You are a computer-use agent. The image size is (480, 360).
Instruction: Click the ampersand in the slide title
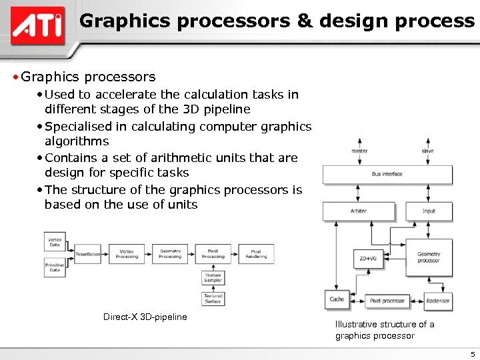304,21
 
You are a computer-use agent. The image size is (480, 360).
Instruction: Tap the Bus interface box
387,174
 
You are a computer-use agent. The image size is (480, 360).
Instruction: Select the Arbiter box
358,211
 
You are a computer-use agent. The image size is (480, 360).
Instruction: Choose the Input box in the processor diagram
429,211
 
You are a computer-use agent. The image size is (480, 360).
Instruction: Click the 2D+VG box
367,258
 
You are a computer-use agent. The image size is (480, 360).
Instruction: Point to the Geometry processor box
429,257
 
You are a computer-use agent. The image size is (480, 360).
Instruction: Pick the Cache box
337,299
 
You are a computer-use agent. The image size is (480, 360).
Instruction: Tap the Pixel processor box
387,301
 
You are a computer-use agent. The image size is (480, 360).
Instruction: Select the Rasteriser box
437,301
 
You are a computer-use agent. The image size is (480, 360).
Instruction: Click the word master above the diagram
359,151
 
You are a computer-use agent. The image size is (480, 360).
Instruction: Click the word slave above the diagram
428,151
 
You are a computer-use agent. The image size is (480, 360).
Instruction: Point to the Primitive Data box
55,267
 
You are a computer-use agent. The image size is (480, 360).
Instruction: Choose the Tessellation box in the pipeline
87,254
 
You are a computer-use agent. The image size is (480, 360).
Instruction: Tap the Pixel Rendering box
256,254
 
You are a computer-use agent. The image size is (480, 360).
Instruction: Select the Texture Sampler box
213,277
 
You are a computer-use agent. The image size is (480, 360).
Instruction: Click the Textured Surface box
213,298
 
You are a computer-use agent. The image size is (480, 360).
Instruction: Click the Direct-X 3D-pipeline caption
145,317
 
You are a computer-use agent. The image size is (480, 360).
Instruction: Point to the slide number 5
472,354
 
